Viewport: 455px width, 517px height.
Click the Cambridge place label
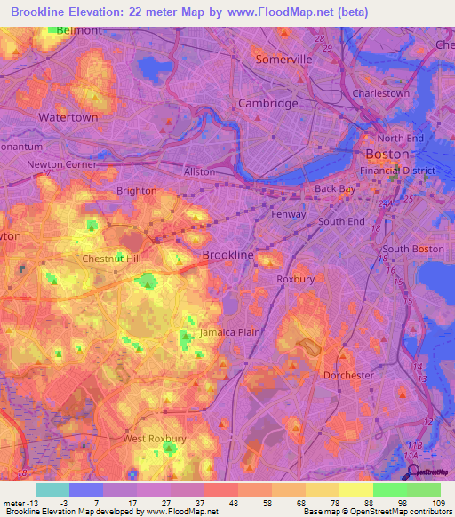[x=268, y=103]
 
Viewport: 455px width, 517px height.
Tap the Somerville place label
[x=283, y=59]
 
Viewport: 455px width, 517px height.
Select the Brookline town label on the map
[x=229, y=255]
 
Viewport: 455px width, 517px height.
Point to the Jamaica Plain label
[x=229, y=331]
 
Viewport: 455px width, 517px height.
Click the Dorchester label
[x=348, y=375]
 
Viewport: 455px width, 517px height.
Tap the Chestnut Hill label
[x=111, y=258]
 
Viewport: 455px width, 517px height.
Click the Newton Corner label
[x=61, y=164]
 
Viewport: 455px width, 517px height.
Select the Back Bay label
[x=334, y=189]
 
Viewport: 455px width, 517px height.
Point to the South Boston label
[x=413, y=250]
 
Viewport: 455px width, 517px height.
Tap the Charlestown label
[x=380, y=93]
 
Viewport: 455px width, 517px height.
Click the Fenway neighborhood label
[x=288, y=214]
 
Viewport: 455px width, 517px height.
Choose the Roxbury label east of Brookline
[x=296, y=279]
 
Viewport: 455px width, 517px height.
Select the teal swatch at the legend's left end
[x=52, y=489]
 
